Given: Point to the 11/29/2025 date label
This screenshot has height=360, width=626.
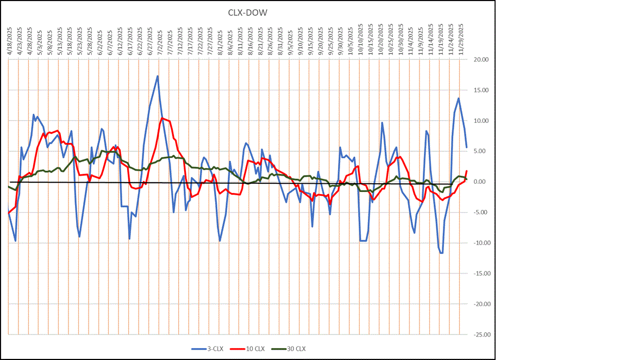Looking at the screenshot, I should [460, 36].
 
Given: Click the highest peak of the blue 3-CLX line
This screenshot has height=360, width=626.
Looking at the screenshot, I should [158, 76].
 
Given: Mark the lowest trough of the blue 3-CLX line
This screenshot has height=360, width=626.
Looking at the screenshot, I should [442, 253].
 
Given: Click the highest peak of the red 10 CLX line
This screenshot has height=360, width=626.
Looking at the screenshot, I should [162, 118].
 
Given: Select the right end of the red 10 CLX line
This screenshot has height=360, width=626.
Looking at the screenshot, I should [466, 171].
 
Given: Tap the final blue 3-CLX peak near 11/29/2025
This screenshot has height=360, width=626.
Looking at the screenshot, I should [459, 98].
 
